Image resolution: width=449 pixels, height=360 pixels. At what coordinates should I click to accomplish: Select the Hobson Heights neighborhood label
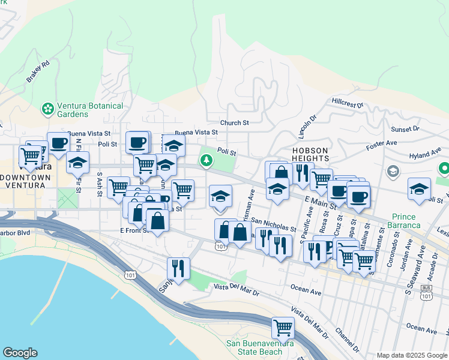pyautogui.click(x=310, y=154)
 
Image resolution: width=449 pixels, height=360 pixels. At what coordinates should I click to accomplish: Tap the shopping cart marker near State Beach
pyautogui.click(x=283, y=328)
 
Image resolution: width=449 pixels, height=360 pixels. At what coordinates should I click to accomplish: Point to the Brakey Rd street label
pyautogui.click(x=37, y=71)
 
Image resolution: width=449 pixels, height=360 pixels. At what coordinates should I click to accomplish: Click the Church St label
pyautogui.click(x=234, y=123)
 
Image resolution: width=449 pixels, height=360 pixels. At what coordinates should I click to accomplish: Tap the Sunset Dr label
pyautogui.click(x=405, y=129)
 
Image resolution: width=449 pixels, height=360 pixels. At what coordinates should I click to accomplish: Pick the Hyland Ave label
pyautogui.click(x=424, y=155)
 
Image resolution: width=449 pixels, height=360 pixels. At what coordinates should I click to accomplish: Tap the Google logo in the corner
pyautogui.click(x=19, y=353)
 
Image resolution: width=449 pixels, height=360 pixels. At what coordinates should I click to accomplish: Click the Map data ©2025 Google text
pyautogui.click(x=411, y=355)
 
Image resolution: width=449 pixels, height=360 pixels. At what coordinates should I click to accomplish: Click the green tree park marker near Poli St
pyautogui.click(x=206, y=160)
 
